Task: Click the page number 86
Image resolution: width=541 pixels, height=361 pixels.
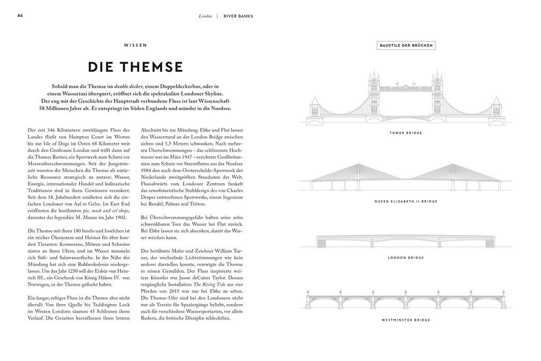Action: pos(20,15)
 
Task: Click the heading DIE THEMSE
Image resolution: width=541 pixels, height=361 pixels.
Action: pos(135,67)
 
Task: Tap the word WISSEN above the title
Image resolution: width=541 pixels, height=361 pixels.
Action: pos(135,46)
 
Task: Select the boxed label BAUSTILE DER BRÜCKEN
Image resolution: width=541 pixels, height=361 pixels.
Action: pos(406,46)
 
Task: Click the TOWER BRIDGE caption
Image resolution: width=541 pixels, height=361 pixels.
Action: pos(406,133)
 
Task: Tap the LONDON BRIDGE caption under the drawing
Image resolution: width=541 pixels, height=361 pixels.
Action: pos(406,257)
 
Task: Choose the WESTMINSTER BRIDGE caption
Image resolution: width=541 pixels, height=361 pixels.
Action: pos(406,320)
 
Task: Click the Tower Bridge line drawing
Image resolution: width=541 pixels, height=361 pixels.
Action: pos(406,101)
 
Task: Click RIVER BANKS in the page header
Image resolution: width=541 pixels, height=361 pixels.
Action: pos(238,16)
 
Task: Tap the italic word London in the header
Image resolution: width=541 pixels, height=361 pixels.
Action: pos(205,16)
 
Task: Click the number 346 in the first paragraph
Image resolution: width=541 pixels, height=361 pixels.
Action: pos(54,130)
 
